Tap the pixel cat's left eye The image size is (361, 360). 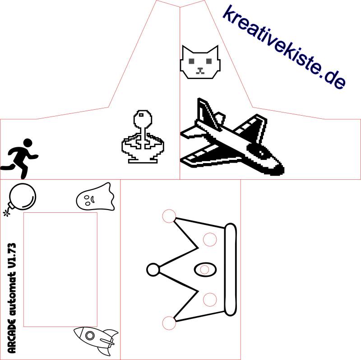click(191, 61)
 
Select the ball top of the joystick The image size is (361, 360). click(143, 118)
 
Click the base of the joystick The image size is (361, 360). click(143, 160)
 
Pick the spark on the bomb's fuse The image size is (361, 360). click(6, 213)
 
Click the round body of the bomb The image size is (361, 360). click(23, 196)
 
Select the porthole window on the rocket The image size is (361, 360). click(90, 335)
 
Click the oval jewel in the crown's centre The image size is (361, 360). click(205, 269)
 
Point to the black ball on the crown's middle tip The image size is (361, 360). click(153, 269)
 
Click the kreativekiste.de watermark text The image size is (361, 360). click(284, 47)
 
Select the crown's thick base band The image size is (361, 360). click(230, 270)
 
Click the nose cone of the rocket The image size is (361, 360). click(78, 332)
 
